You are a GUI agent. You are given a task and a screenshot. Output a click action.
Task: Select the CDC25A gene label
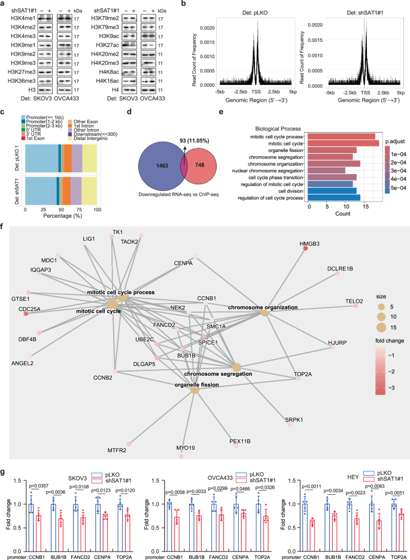tap(34, 309)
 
